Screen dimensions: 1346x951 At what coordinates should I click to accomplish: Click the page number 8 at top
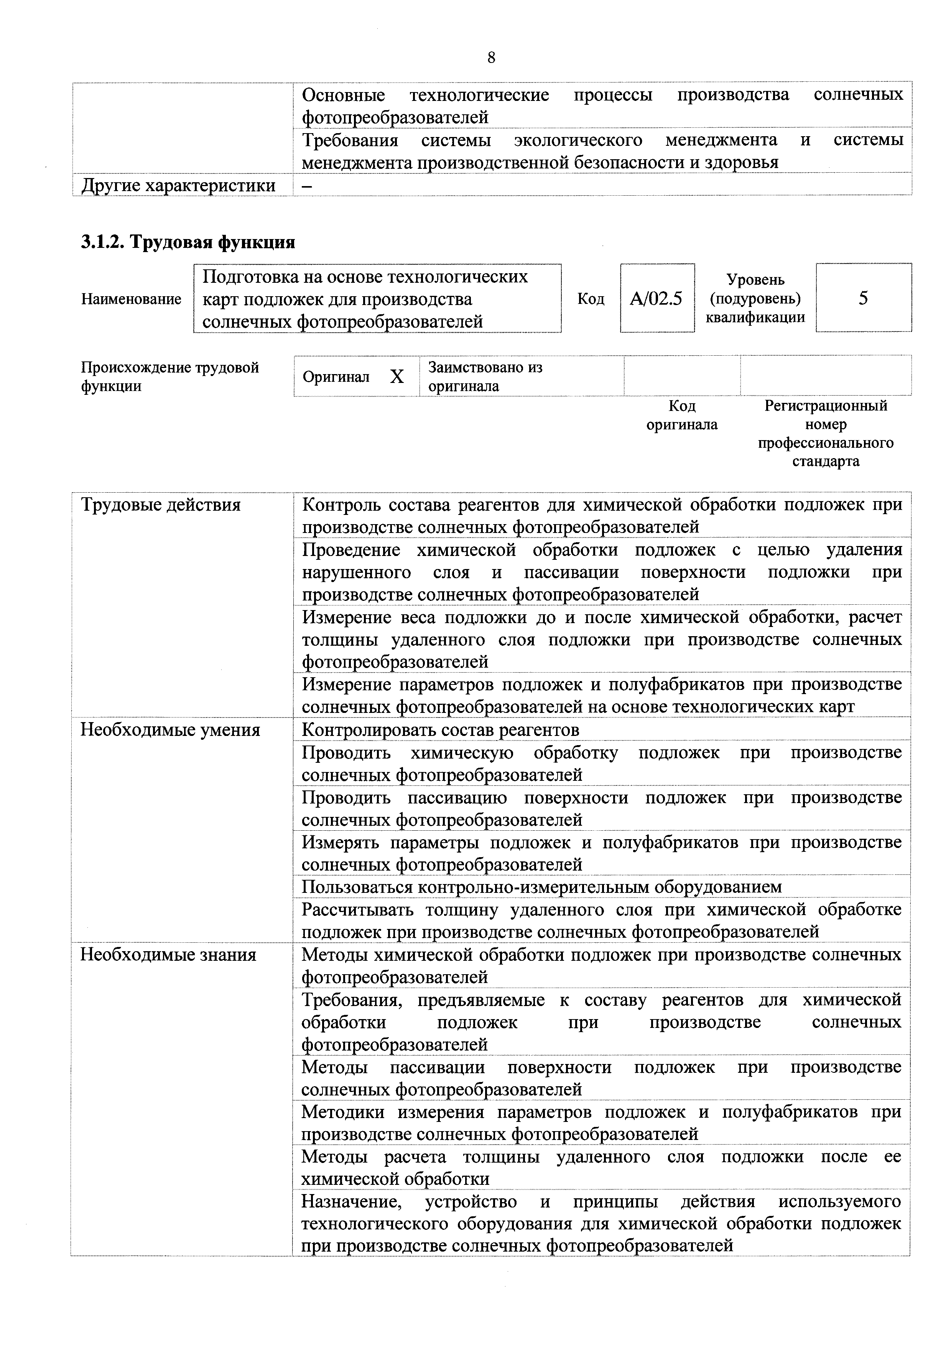pyautogui.click(x=490, y=58)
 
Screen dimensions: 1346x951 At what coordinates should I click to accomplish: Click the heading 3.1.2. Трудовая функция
pyautogui.click(x=188, y=241)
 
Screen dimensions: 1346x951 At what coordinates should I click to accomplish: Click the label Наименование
pyautogui.click(x=131, y=299)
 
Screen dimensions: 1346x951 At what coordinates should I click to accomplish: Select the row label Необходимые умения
pyautogui.click(x=170, y=730)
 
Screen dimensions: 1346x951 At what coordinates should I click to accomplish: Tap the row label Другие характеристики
pyautogui.click(x=178, y=185)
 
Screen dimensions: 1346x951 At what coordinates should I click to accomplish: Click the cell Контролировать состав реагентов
pyautogui.click(x=440, y=730)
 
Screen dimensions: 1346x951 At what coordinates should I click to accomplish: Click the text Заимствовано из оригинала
pyautogui.click(x=485, y=376)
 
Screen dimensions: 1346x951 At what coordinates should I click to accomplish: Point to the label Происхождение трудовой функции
pyautogui.click(x=169, y=376)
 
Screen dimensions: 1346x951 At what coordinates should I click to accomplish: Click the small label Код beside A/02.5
pyautogui.click(x=591, y=299)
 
